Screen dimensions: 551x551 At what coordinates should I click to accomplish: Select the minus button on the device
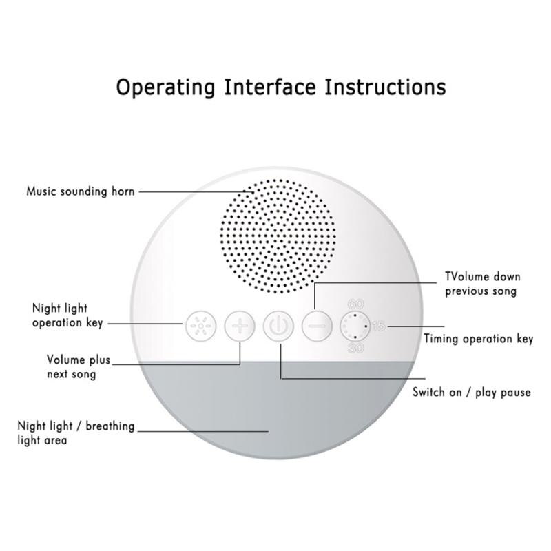(318, 324)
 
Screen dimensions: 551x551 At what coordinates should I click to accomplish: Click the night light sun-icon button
(199, 324)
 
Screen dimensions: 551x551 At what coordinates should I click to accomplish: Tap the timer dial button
(355, 325)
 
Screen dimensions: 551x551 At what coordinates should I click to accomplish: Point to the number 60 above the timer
(356, 304)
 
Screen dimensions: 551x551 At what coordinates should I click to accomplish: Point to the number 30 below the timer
(356, 348)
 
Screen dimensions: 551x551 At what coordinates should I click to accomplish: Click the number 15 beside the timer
(378, 326)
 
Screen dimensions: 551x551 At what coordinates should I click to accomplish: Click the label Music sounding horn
(80, 191)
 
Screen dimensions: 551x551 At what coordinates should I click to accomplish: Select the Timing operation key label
(478, 339)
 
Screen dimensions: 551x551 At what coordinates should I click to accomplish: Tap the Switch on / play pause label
(471, 393)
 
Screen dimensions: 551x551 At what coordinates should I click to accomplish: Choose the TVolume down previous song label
(482, 284)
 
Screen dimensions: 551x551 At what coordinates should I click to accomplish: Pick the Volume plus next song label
(72, 367)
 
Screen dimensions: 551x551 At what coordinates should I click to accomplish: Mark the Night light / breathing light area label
(76, 433)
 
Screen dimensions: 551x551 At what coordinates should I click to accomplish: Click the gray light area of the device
(278, 413)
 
